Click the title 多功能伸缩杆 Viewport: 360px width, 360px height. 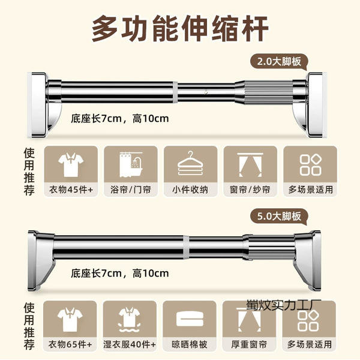pos(180,28)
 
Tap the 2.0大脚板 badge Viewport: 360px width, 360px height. pos(279,62)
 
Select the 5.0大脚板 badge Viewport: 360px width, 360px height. pos(279,217)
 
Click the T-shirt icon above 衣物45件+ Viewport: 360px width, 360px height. pos(71,165)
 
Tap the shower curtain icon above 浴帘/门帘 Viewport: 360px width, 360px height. pos(131,164)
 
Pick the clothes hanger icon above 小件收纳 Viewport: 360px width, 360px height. pos(191,163)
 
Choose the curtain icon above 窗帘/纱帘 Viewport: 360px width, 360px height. pos(250,164)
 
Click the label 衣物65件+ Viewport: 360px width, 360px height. pos(70,344)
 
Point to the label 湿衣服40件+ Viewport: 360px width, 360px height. pos(130,344)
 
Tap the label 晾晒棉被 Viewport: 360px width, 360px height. pos(190,344)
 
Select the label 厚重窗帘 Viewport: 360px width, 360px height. pos(249,344)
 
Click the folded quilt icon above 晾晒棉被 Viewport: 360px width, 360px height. pos(190,319)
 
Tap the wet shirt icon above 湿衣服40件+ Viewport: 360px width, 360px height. pos(130,320)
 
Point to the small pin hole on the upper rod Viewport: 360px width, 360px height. pos(206,92)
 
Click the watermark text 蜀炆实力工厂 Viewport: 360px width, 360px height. pos(284,305)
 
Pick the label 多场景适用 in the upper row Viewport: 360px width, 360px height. pos(310,190)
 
